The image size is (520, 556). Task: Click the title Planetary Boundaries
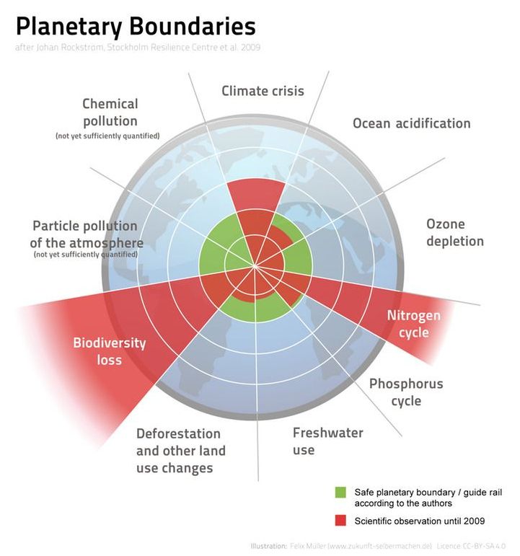[x=135, y=27]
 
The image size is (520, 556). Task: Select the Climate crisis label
[x=263, y=91]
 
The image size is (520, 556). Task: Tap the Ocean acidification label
[x=411, y=123]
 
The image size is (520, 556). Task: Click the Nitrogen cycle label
[x=413, y=324]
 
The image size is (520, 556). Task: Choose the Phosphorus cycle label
[x=406, y=392]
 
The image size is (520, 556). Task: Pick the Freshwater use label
[x=327, y=441]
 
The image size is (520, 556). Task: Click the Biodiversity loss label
[x=109, y=350]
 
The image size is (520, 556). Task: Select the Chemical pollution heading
[x=110, y=112]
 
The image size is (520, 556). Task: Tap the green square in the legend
[x=340, y=492]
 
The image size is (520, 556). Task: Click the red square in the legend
[x=340, y=521]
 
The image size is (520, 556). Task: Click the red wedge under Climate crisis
[x=255, y=196]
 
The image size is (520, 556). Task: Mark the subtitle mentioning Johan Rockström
[x=137, y=48]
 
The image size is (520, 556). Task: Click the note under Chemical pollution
[x=107, y=136]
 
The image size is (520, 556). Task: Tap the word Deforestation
[x=178, y=433]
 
